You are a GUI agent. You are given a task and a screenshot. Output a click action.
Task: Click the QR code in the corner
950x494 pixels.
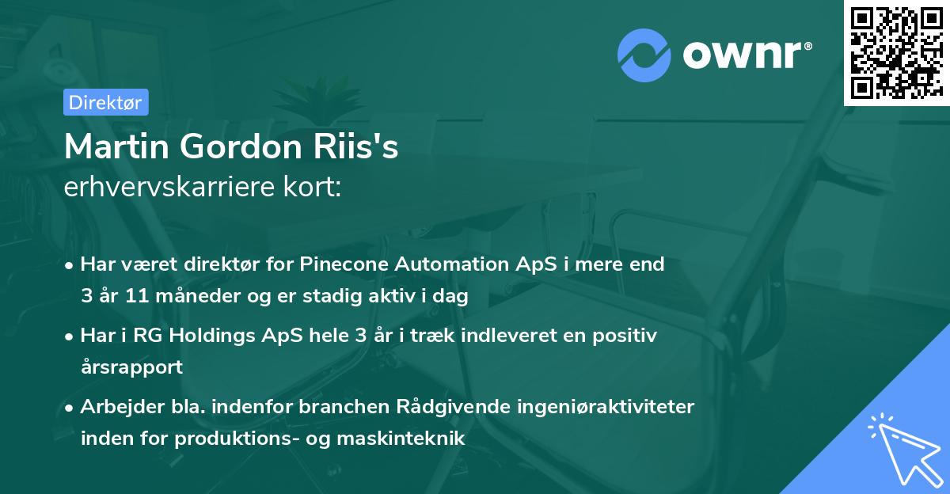(897, 52)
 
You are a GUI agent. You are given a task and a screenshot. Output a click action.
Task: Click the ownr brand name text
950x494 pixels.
(747, 53)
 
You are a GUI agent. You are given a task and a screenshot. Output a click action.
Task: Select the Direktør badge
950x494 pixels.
(105, 102)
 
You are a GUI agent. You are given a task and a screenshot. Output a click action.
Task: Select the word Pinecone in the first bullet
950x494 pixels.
(358, 264)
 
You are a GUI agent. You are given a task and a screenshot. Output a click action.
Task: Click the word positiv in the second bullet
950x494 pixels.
(627, 336)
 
